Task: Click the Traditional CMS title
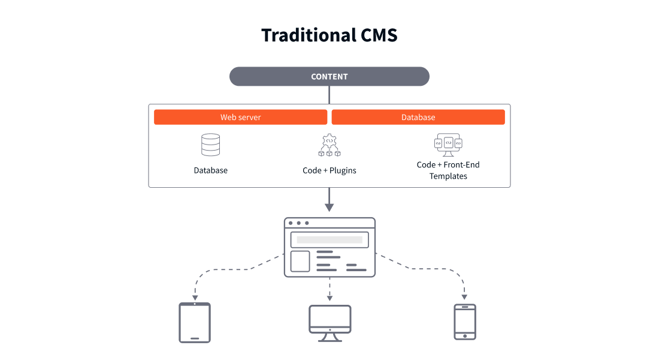click(329, 35)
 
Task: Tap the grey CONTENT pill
click(329, 76)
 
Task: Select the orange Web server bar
click(240, 117)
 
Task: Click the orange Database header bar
click(418, 117)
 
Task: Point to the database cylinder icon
click(210, 145)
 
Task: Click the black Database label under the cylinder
click(210, 170)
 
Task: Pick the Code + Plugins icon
click(329, 145)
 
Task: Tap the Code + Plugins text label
click(329, 170)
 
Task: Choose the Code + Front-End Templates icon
click(448, 145)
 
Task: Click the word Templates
click(448, 176)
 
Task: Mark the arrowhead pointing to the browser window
click(329, 208)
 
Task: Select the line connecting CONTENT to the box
click(329, 95)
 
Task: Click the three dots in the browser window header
click(298, 223)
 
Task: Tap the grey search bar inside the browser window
click(329, 239)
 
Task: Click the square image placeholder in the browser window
click(300, 262)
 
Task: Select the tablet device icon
click(195, 323)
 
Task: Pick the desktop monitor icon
click(329, 322)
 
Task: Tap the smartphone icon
click(465, 322)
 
